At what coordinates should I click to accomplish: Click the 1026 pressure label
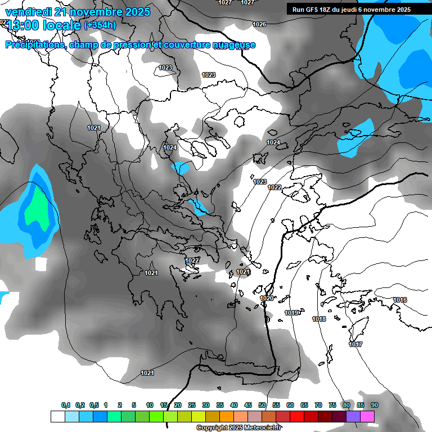click(x=259, y=24)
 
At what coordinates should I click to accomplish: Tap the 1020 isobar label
click(x=267, y=298)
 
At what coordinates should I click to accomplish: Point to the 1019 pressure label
click(x=291, y=313)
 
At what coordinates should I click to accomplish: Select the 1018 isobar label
click(x=319, y=319)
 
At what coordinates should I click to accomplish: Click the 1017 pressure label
click(x=355, y=344)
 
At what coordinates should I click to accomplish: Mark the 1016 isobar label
click(x=400, y=300)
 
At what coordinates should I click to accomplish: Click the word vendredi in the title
click(x=28, y=12)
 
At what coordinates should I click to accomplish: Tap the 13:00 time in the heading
click(x=28, y=25)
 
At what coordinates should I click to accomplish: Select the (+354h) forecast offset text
click(x=100, y=25)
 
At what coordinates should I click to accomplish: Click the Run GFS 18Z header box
click(x=352, y=10)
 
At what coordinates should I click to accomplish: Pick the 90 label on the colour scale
click(x=374, y=405)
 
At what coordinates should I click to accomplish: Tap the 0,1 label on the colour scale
click(x=66, y=405)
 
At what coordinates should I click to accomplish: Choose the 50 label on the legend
click(x=262, y=405)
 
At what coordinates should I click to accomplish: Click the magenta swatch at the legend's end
click(x=367, y=416)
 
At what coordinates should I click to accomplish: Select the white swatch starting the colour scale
click(x=57, y=416)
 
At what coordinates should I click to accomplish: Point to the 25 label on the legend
click(x=192, y=405)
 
